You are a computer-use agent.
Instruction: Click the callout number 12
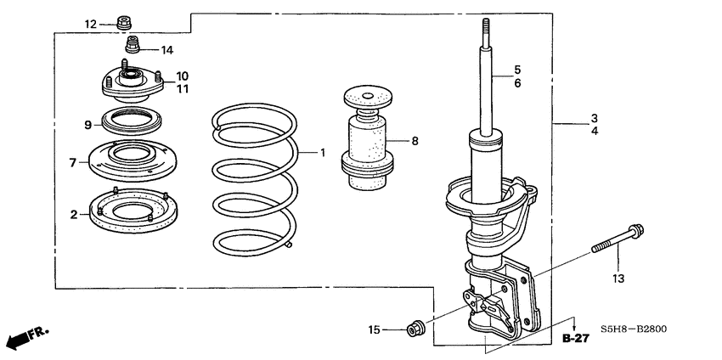90,24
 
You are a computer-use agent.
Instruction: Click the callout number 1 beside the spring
323,153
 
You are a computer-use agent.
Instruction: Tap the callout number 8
415,141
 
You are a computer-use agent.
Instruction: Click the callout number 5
516,70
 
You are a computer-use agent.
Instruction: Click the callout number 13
618,278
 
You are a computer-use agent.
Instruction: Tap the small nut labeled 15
417,327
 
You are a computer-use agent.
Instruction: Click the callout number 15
373,329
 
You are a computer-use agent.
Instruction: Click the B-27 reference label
575,339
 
